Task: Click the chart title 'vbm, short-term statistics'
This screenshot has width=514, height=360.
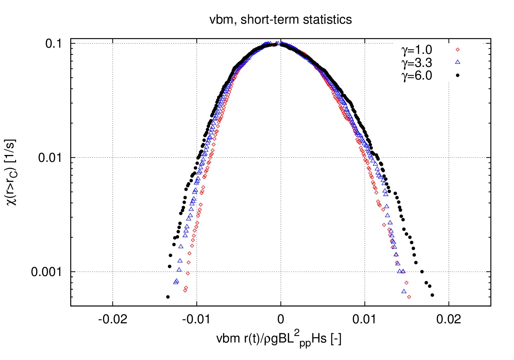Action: (281, 20)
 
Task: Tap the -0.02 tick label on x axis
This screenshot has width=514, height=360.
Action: (113, 320)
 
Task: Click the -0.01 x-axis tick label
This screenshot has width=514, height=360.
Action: (197, 320)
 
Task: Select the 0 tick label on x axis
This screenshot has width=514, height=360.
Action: (281, 320)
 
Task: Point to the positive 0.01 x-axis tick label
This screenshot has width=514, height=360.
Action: (365, 320)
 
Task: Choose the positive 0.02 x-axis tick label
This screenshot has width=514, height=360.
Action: (449, 320)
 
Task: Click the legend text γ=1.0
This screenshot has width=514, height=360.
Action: (417, 50)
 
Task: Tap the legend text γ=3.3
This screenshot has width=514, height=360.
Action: (417, 63)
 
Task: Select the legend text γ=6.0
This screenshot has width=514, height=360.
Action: (417, 75)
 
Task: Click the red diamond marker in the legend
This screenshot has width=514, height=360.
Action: (457, 50)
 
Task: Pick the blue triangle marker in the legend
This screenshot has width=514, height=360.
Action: (457, 62)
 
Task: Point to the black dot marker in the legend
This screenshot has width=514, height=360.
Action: (457, 75)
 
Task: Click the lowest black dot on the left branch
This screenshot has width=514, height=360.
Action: (168, 297)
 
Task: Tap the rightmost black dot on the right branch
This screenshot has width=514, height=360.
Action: (432, 295)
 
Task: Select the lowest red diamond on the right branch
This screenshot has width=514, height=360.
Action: (409, 297)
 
